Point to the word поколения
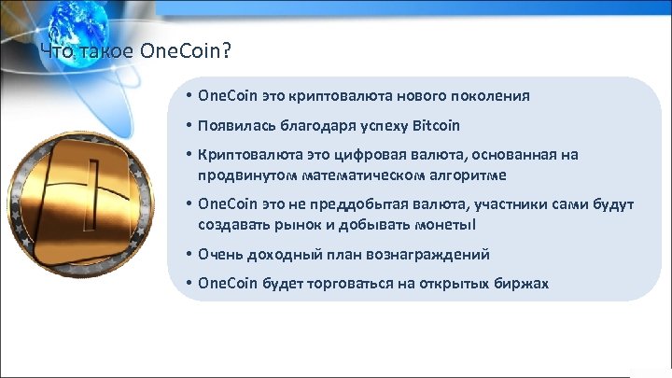[496, 95]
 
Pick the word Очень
[218, 254]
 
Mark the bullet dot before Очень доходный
[189, 254]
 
